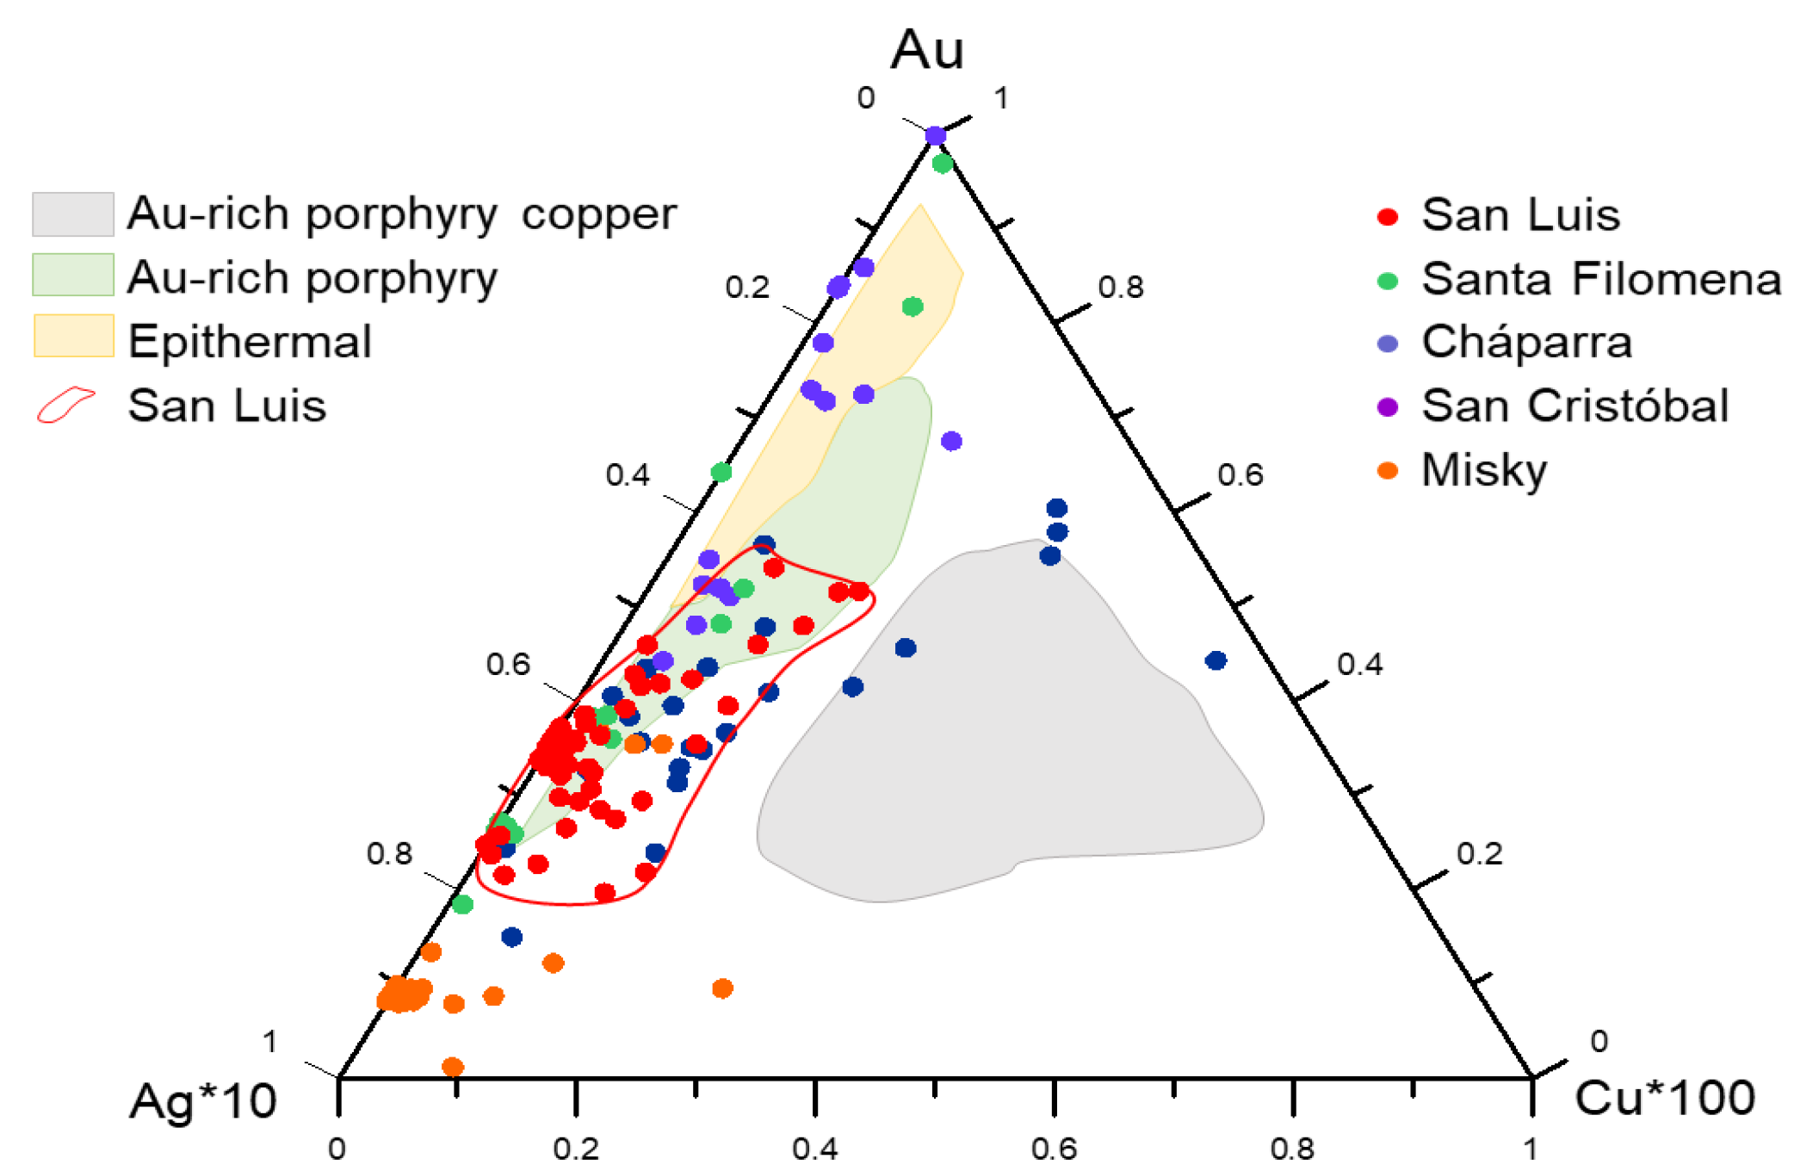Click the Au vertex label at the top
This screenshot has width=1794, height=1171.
[926, 50]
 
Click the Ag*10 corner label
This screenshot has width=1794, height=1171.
[203, 1101]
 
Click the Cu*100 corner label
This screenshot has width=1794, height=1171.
[1664, 1099]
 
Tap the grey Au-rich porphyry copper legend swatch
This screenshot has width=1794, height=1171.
[73, 214]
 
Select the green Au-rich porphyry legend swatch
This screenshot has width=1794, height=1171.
[73, 276]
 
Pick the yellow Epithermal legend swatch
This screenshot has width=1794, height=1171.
[73, 336]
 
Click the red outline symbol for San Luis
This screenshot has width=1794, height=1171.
[65, 405]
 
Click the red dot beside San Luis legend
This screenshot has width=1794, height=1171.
[1387, 216]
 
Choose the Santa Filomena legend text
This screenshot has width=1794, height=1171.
[1600, 279]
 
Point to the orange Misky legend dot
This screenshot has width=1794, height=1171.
[1387, 470]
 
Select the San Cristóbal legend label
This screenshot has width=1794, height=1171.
[1574, 406]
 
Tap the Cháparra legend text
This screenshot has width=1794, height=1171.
[1526, 342]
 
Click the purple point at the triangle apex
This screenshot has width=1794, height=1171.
[936, 135]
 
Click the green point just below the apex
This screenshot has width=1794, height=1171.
[943, 163]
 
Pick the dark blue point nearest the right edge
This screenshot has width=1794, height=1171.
[1216, 660]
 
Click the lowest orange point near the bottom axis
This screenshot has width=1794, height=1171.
[453, 1067]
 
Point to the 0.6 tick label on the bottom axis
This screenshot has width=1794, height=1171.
[1054, 1148]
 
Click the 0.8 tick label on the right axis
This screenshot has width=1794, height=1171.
[1121, 287]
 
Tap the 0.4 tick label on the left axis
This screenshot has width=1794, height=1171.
[627, 475]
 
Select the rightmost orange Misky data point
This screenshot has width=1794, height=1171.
[722, 988]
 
